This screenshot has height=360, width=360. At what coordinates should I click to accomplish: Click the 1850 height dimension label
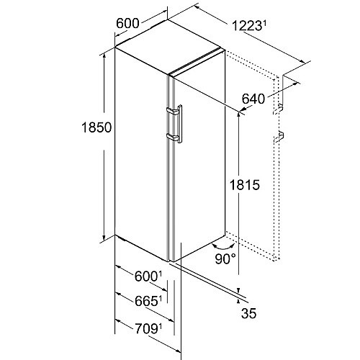click(x=96, y=127)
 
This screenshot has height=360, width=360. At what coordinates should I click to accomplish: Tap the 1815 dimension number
click(x=245, y=185)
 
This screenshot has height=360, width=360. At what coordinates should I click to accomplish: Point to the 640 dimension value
click(x=253, y=99)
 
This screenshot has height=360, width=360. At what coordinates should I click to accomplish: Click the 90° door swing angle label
click(x=225, y=258)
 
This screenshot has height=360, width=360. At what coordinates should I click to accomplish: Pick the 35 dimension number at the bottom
click(x=249, y=313)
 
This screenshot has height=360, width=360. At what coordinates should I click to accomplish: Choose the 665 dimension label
click(x=146, y=302)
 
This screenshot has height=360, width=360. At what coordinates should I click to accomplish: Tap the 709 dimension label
click(x=146, y=329)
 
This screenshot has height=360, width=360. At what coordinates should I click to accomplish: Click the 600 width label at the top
click(x=127, y=24)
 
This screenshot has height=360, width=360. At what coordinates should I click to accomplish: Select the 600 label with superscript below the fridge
click(x=146, y=276)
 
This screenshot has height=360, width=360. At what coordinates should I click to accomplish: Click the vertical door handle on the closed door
click(x=179, y=124)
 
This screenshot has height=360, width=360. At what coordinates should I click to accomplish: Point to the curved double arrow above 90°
click(x=223, y=246)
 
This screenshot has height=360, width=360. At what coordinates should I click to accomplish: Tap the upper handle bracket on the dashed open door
click(x=279, y=109)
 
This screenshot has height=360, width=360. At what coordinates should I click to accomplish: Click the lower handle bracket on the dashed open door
click(x=279, y=137)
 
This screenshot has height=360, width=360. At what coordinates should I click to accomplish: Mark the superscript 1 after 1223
click(x=265, y=24)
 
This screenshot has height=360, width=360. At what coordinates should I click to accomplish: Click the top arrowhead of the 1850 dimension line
click(x=104, y=57)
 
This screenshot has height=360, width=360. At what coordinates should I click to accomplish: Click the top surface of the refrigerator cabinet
click(x=168, y=45)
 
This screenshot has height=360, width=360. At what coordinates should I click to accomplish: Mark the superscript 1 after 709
click(x=160, y=327)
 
